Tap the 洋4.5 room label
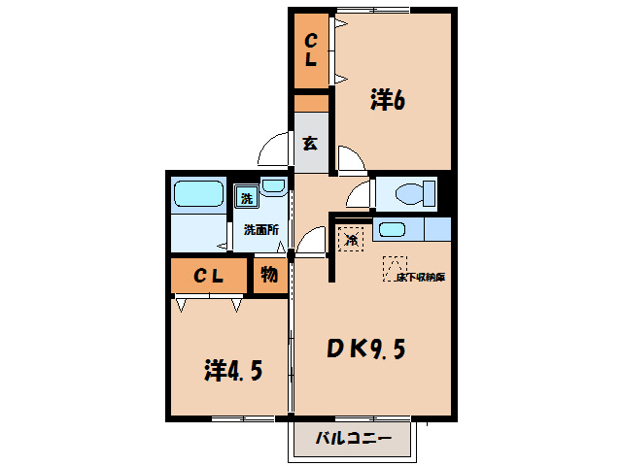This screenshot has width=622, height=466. pyautogui.click(x=232, y=370)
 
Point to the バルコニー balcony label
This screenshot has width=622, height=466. pyautogui.click(x=354, y=440)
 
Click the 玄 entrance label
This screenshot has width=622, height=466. pyautogui.click(x=310, y=144)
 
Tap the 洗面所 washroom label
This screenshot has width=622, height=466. pyautogui.click(x=261, y=230)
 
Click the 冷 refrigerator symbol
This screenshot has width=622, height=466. pyautogui.click(x=350, y=236)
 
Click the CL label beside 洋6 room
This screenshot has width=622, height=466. pyautogui.click(x=311, y=50)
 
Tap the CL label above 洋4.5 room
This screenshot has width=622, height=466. pyautogui.click(x=209, y=276)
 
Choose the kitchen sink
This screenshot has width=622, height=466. pyautogui.click(x=392, y=230)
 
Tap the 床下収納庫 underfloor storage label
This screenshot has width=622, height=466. pyautogui.click(x=420, y=277)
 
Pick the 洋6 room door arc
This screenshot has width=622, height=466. pyautogui.click(x=349, y=158)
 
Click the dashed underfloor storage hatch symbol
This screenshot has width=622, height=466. pyautogui.click(x=396, y=265)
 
